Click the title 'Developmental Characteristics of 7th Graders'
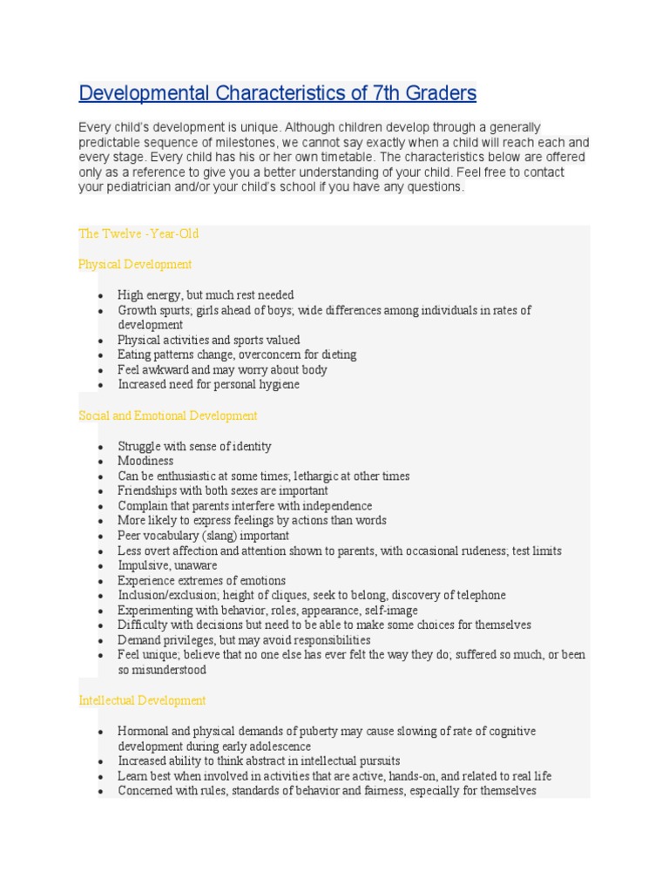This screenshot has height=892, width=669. [x=277, y=93]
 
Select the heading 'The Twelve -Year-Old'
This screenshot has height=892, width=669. [x=139, y=233]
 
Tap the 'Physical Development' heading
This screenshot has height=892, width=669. [x=135, y=264]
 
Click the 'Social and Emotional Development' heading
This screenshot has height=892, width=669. [x=168, y=416]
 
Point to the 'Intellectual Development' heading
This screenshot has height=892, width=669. [x=142, y=700]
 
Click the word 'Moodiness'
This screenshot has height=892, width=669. [x=145, y=461]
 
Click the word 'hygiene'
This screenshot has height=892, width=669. [x=279, y=384]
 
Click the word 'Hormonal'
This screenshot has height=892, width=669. [x=141, y=731]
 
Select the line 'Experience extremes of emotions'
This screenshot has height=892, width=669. [x=201, y=580]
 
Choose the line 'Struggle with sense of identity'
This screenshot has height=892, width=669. [x=194, y=446]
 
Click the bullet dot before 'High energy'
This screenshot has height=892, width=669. [x=103, y=295]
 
